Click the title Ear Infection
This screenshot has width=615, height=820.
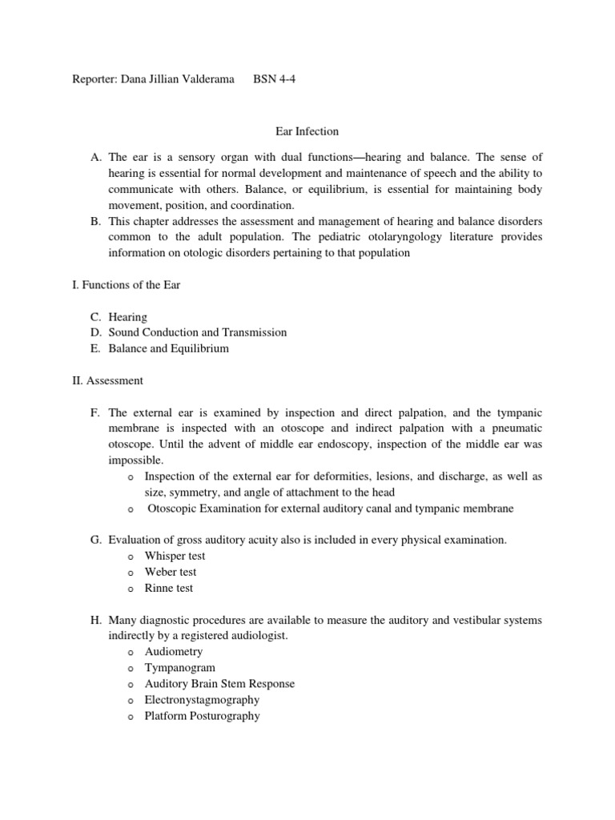307,131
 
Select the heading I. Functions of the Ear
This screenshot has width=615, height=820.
126,285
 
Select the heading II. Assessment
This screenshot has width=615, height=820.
107,380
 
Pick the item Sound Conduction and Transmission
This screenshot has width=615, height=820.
198,332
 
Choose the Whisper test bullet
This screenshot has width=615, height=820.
175,556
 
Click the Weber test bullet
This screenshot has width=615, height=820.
170,572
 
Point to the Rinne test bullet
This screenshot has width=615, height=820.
168,588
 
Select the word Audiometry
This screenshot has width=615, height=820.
174,652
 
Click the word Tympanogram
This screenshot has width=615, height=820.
179,667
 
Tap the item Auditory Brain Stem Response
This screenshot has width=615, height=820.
219,684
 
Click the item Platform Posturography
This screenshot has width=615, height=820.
202,716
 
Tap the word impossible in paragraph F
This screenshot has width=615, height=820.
135,460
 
